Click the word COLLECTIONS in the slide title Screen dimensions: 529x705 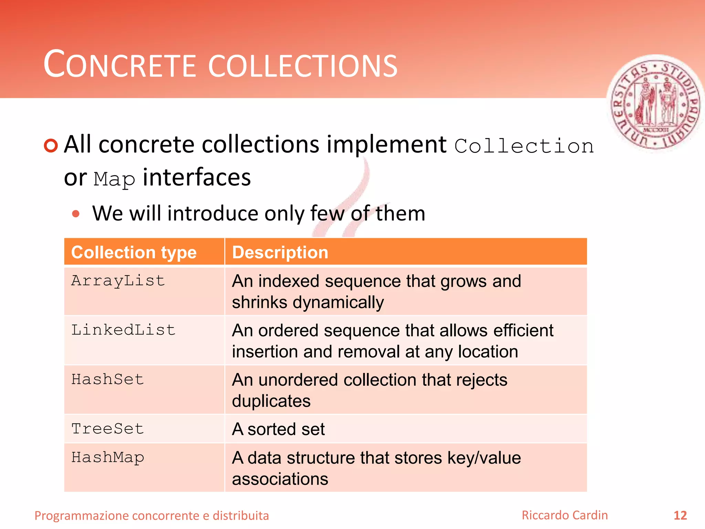[303, 65]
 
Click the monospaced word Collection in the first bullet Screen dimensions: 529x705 [524, 146]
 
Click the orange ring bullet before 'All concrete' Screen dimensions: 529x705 [51, 145]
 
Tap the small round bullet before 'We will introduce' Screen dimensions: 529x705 [76, 214]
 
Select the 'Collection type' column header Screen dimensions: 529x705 [134, 252]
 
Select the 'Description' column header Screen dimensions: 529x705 [280, 252]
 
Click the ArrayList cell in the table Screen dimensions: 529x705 [118, 281]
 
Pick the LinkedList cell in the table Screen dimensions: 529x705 [123, 330]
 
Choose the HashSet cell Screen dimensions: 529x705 [107, 379]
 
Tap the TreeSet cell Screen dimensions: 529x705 [107, 429]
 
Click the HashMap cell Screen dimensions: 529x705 [107, 458]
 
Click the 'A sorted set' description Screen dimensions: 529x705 [278, 429]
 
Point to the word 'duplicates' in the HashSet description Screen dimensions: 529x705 [271, 401]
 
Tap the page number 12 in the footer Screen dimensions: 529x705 [680, 516]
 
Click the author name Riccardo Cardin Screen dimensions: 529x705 [565, 515]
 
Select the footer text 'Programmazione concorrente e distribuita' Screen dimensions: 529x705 [151, 516]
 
